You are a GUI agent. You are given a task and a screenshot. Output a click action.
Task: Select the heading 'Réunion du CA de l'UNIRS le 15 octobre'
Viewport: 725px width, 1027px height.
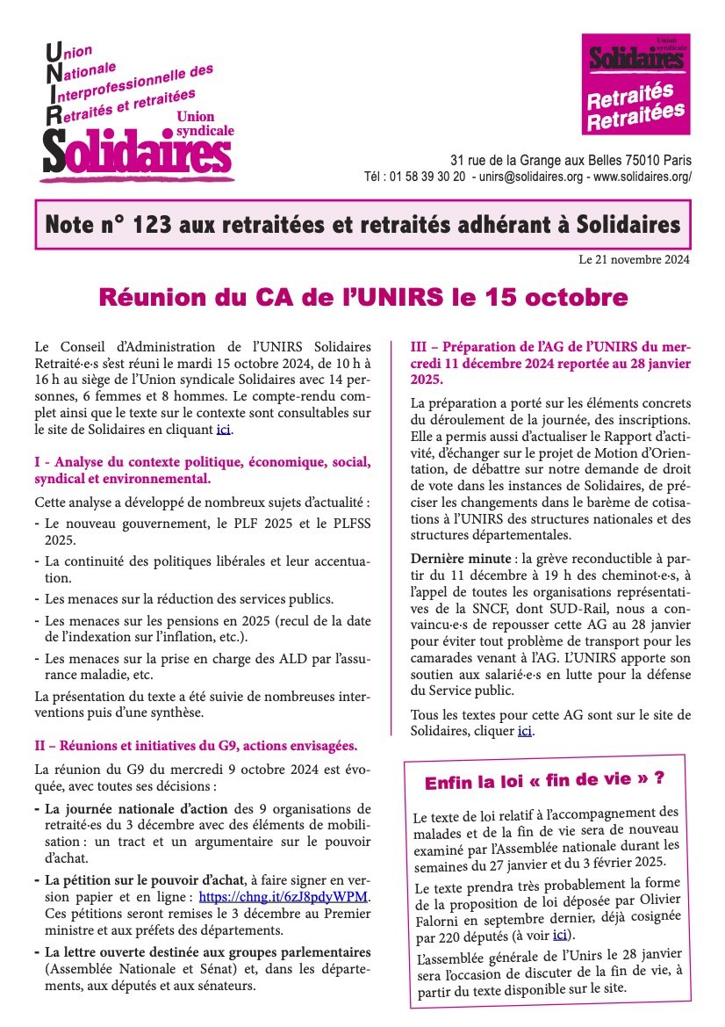pos(362,298)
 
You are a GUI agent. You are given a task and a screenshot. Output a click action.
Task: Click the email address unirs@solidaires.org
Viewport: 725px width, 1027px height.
pos(531,177)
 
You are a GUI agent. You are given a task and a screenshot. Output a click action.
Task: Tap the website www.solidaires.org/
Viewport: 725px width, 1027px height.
pos(643,177)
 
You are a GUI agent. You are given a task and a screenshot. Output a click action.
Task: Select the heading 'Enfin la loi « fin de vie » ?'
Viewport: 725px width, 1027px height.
pos(543,781)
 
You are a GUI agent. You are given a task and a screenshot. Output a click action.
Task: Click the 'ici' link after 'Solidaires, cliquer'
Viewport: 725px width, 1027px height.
pos(525,730)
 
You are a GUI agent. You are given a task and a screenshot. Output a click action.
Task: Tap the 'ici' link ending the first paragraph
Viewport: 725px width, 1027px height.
pos(224,430)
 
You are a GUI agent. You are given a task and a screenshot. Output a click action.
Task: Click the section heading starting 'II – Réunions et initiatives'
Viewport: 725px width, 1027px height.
pos(196,746)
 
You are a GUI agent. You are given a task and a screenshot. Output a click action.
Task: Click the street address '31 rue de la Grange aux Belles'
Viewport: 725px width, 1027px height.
pos(537,161)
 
